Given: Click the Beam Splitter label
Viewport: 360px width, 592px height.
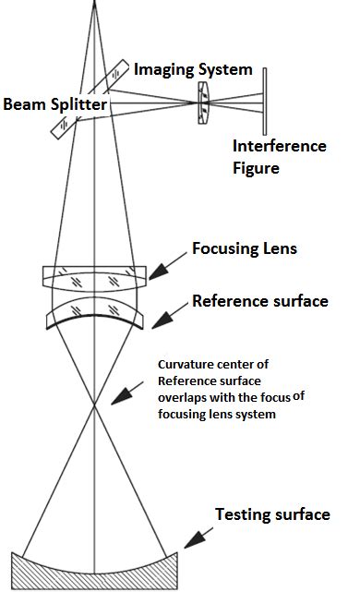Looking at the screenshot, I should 54,104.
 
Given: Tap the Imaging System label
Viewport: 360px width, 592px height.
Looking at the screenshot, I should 193,69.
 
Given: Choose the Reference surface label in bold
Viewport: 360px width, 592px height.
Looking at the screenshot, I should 259,301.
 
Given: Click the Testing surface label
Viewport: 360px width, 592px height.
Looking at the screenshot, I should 272,513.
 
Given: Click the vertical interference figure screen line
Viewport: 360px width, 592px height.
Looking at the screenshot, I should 264,102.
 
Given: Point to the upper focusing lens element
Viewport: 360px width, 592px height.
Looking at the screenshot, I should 94,275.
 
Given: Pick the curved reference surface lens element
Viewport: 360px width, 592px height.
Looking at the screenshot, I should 94,312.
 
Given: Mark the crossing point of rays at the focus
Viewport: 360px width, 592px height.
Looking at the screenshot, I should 94,405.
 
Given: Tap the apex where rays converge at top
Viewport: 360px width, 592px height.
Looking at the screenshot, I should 94,4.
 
